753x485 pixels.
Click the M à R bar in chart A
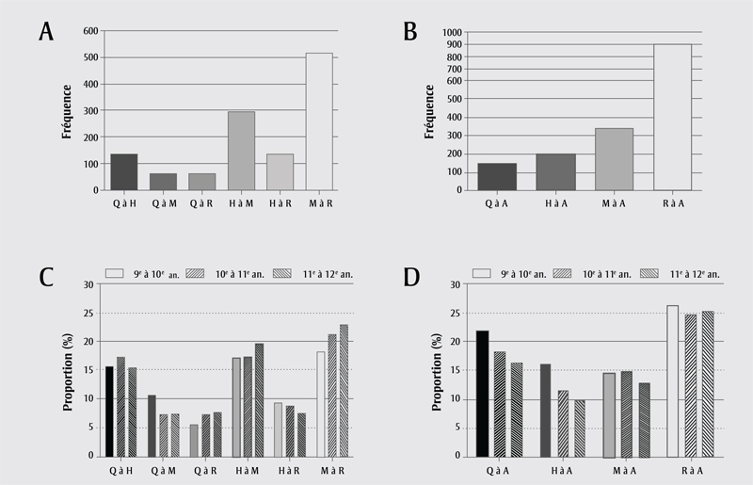coord(319,121)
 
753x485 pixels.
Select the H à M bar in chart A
coord(241,151)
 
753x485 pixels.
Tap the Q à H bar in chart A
coord(123,171)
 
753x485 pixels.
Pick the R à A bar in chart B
coord(672,117)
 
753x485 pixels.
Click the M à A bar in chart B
coord(614,159)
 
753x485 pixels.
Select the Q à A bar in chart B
coord(497,176)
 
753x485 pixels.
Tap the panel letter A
coord(45,32)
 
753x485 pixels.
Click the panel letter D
coord(410,279)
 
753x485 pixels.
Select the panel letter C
coord(45,278)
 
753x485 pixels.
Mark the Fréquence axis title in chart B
coord(429,111)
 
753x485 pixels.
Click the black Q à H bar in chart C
coord(109,411)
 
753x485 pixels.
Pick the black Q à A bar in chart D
coord(482,393)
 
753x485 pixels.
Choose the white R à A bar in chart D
coord(672,380)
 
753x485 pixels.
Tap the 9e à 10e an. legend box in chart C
coord(116,272)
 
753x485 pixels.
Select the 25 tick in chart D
coord(454,313)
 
